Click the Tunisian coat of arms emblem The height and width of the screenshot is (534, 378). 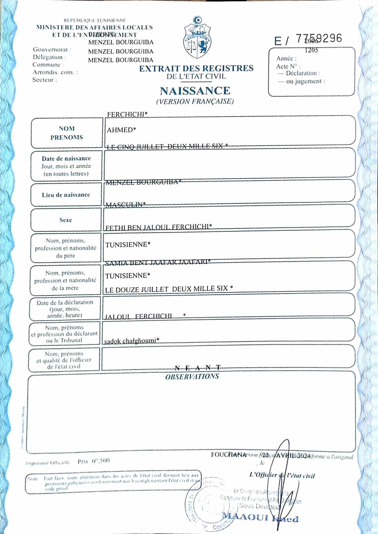tap(197, 38)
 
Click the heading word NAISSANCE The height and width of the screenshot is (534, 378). tap(195, 91)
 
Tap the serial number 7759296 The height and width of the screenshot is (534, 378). tap(319, 38)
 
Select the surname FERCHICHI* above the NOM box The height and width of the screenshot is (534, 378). tap(127, 114)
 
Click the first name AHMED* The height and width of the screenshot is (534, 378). tap(121, 130)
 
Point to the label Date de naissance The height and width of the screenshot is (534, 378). tap(66, 159)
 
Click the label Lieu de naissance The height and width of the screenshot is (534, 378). tap(66, 195)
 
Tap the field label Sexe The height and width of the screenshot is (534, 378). tap(66, 220)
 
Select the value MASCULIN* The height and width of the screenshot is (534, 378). tap(125, 205)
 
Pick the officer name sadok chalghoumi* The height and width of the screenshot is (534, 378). tap(131, 341)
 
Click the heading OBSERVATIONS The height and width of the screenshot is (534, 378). tap(192, 377)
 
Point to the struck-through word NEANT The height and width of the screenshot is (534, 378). tap(198, 368)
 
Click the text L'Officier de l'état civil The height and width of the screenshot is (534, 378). tap(282, 475)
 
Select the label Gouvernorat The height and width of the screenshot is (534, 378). tap(52, 49)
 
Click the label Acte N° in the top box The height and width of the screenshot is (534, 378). tap(288, 67)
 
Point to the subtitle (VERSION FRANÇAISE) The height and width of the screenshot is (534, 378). tap(195, 101)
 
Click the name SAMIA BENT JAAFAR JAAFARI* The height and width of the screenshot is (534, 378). tap(158, 262)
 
